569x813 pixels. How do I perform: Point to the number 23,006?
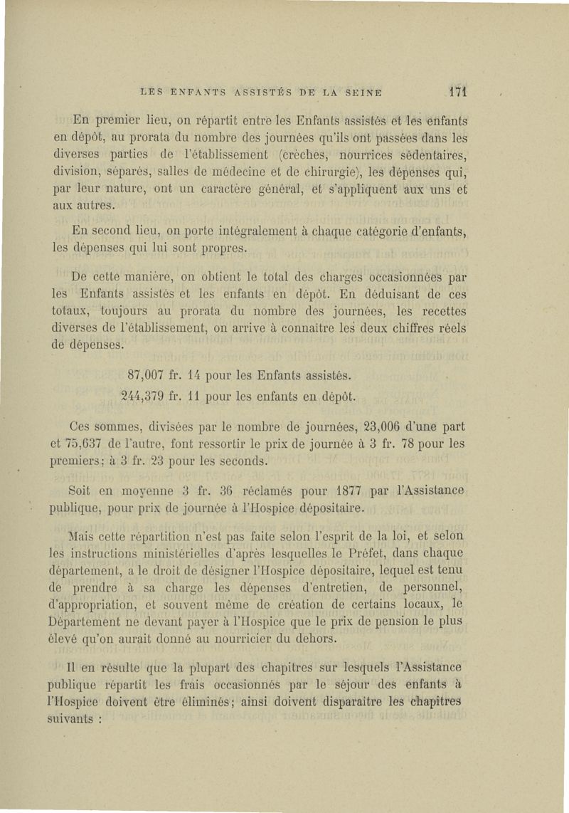386,427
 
